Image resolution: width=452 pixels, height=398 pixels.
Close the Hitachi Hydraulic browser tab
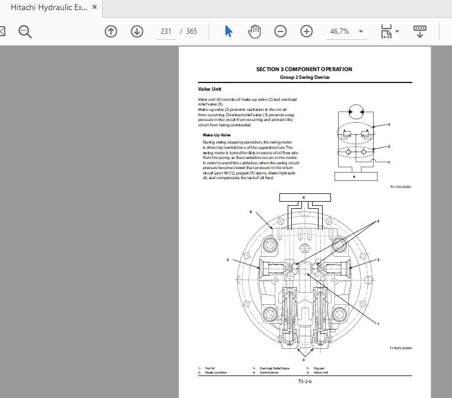point(95,8)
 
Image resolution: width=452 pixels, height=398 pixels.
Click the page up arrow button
point(111,31)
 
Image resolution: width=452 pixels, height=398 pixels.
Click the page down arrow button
point(137,31)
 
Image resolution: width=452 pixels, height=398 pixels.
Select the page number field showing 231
point(166,31)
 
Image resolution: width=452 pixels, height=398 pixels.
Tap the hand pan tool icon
point(254,31)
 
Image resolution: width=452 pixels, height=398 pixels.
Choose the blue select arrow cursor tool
point(229,31)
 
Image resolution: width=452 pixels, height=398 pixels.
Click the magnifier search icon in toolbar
point(25,31)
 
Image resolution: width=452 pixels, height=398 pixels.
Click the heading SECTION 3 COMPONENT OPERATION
point(304,69)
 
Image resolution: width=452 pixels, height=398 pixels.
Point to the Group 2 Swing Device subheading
point(304,77)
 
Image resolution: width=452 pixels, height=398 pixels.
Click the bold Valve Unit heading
point(209,89)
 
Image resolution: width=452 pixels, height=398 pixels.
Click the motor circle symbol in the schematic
point(356,111)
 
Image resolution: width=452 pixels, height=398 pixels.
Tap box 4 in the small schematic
point(354,176)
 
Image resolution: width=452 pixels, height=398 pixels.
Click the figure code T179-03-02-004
point(400,348)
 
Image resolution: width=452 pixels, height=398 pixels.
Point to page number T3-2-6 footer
point(305,381)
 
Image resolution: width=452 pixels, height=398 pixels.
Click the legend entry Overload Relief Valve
point(274,368)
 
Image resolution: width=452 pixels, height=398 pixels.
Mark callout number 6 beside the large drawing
point(251,212)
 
